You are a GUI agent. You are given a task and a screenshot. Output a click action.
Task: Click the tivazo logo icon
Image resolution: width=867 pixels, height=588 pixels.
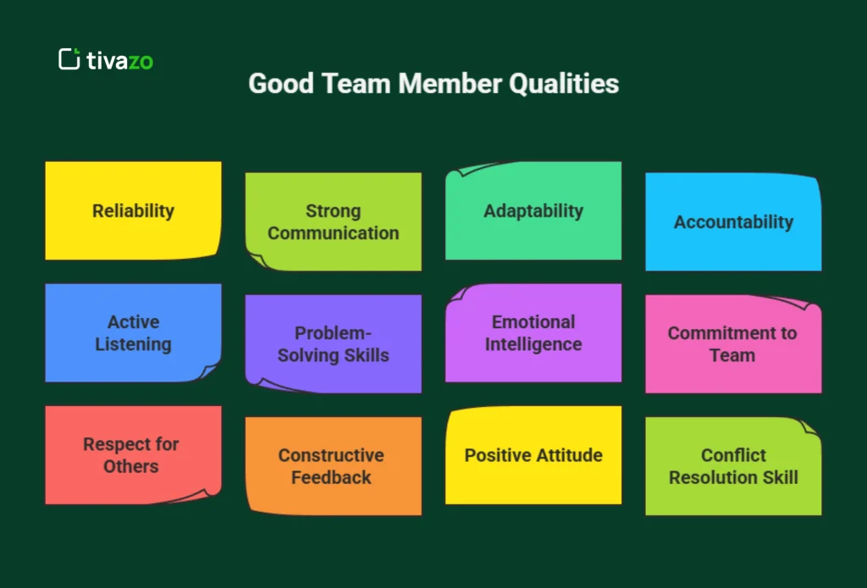(69, 59)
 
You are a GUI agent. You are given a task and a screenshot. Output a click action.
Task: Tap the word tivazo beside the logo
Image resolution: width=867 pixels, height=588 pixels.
(119, 60)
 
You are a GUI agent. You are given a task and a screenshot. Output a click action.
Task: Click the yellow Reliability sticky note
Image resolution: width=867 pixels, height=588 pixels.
(133, 211)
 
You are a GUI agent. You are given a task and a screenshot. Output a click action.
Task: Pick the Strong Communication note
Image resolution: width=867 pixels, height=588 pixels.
(333, 222)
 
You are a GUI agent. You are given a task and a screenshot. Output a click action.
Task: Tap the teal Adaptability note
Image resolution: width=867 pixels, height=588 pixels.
(533, 211)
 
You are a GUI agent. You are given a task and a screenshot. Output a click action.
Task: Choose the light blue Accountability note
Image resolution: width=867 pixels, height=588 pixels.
(733, 222)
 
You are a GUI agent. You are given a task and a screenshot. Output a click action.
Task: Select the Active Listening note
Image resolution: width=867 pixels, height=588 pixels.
(133, 332)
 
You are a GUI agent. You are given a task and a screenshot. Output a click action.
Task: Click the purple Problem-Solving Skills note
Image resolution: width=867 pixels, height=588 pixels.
(333, 343)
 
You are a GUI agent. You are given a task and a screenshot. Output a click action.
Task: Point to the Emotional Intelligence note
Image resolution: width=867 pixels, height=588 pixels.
(533, 332)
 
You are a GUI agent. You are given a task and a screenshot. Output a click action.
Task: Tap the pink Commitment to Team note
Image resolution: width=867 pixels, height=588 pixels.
(733, 343)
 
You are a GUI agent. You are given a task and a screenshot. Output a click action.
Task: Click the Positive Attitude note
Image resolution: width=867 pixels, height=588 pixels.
(533, 455)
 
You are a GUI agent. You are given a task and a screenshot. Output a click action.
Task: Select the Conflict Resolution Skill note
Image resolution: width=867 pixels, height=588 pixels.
(733, 466)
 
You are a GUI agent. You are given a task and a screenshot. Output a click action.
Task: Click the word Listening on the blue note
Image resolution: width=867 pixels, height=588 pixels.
(133, 344)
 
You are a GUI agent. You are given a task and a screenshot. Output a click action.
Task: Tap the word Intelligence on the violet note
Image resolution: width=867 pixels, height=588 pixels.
(533, 344)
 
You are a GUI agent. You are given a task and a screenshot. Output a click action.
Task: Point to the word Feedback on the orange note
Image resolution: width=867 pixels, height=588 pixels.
(331, 477)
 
